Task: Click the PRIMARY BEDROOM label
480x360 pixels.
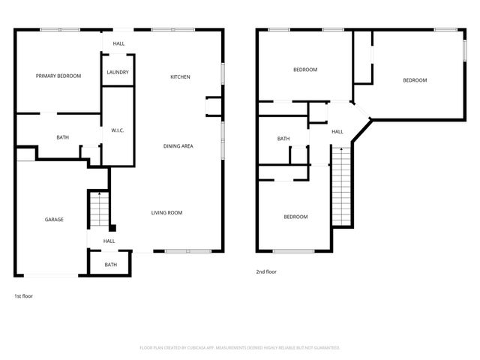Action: [58, 76]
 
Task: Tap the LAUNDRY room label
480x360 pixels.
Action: [118, 72]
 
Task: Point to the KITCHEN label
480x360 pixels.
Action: [180, 77]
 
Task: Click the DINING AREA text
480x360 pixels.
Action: [178, 145]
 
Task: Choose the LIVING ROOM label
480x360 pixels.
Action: [166, 212]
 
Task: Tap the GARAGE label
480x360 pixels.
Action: [53, 220]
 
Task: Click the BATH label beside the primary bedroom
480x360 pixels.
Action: [63, 138]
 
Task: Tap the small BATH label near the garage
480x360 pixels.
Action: [110, 265]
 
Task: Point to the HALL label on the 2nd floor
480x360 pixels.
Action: [337, 131]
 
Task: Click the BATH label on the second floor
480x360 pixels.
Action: [283, 139]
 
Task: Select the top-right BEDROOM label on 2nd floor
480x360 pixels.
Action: [415, 80]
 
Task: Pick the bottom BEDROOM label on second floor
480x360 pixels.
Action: [295, 217]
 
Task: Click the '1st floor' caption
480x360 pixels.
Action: [23, 296]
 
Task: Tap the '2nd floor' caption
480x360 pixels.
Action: [266, 271]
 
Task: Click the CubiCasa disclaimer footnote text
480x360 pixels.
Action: [240, 347]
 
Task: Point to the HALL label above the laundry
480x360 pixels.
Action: [118, 43]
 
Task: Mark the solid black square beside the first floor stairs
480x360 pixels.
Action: [112, 228]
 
